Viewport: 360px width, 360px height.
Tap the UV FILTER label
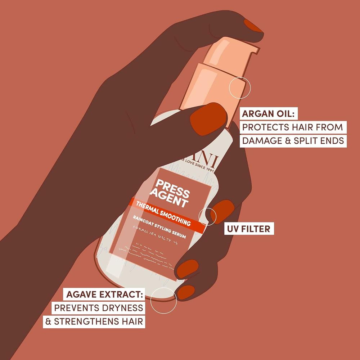point(248,229)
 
